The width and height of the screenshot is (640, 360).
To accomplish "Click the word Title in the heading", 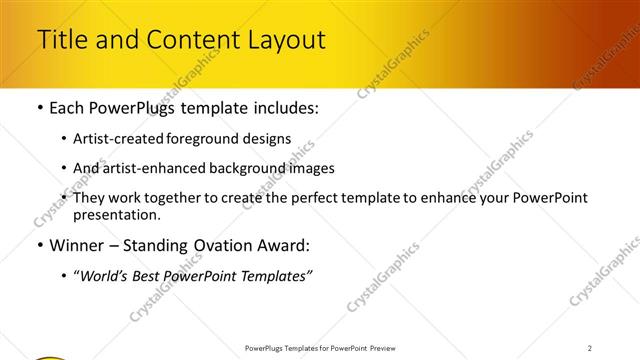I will point(62,40).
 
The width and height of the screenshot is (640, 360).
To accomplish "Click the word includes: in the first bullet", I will point(284,108).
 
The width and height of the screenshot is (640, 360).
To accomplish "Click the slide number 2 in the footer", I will point(590,348).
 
